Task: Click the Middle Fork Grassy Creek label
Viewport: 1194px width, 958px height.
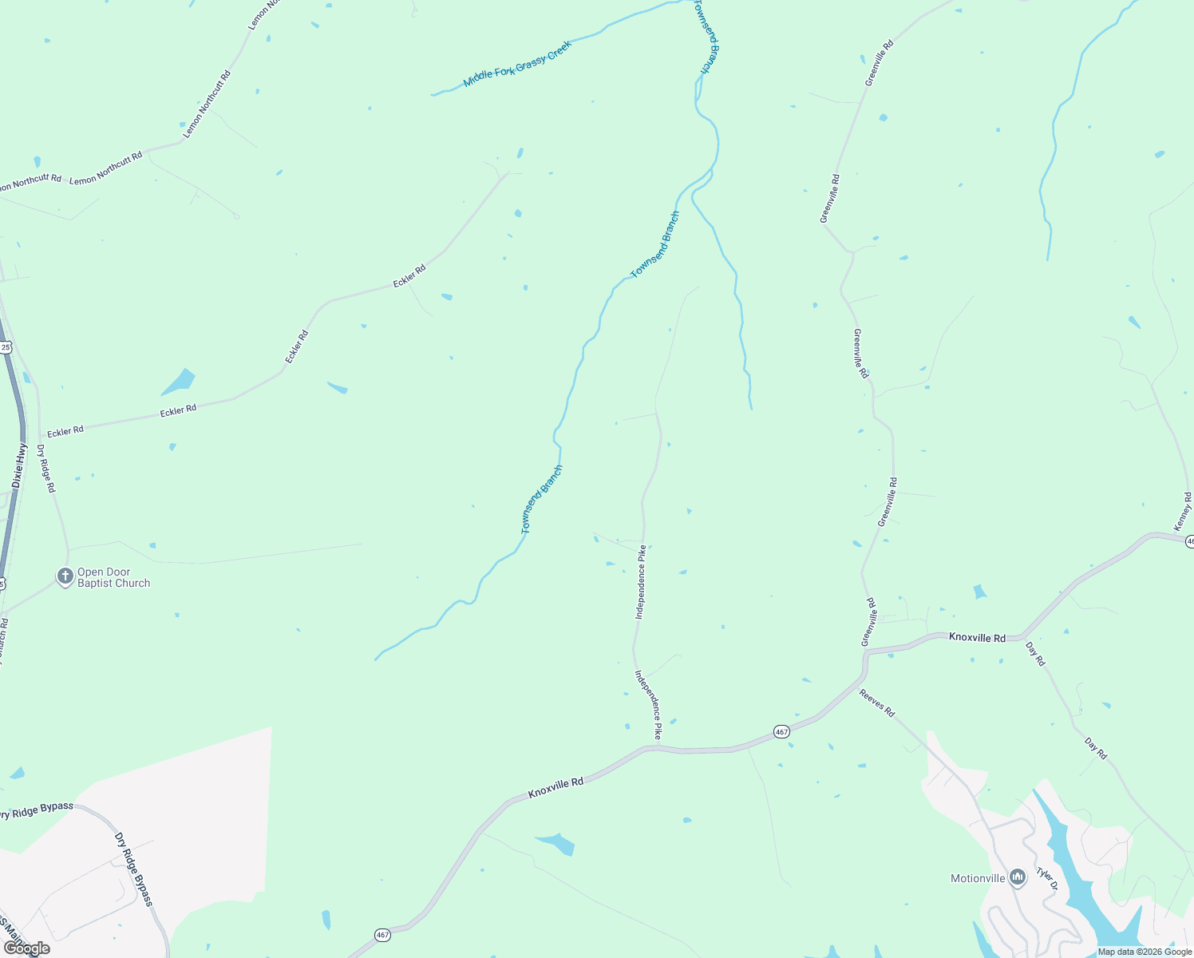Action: [x=518, y=64]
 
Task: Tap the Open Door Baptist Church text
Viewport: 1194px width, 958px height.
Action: [x=113, y=577]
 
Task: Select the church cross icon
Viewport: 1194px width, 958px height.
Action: [x=65, y=576]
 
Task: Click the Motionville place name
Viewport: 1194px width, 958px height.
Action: [x=978, y=878]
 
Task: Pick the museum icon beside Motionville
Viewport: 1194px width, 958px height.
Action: [x=1017, y=878]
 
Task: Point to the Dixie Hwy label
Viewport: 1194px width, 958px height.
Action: [x=19, y=466]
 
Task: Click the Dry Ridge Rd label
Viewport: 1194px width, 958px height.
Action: [x=46, y=469]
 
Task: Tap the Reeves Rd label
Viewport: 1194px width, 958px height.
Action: [x=877, y=703]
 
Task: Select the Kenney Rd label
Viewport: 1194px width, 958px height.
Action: [x=1183, y=512]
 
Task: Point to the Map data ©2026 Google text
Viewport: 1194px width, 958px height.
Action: [x=1145, y=952]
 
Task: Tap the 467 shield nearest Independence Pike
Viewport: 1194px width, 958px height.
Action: [x=781, y=731]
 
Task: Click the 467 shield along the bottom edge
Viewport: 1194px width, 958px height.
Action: [x=382, y=934]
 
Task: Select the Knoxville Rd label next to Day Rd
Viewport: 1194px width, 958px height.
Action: [x=977, y=637]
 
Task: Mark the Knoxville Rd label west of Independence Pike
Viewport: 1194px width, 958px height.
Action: [x=555, y=788]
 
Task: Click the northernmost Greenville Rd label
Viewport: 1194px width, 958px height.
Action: [x=879, y=62]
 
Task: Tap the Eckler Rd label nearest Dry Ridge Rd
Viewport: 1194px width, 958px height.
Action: [x=65, y=431]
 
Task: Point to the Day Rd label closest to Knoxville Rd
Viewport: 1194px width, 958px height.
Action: [x=1035, y=655]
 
